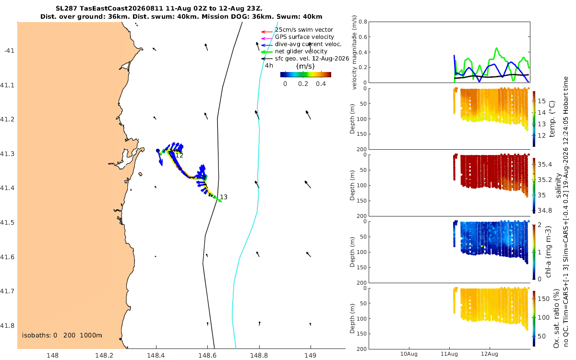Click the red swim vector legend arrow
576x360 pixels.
click(267, 32)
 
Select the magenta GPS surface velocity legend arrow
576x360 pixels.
click(267, 38)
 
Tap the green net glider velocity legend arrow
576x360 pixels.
click(267, 52)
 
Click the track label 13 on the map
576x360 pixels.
click(224, 197)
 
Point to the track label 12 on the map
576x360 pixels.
click(179, 156)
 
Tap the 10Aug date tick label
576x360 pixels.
click(409, 354)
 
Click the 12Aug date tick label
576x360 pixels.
click(490, 354)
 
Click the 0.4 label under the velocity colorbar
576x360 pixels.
click(321, 84)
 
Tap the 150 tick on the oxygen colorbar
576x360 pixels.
click(544, 299)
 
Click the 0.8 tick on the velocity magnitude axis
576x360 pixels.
click(362, 22)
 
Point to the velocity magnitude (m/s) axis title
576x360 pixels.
click(354, 52)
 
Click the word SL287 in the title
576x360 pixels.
click(66, 9)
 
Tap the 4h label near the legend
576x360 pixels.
click(269, 66)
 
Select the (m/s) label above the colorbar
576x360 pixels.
click(305, 66)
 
